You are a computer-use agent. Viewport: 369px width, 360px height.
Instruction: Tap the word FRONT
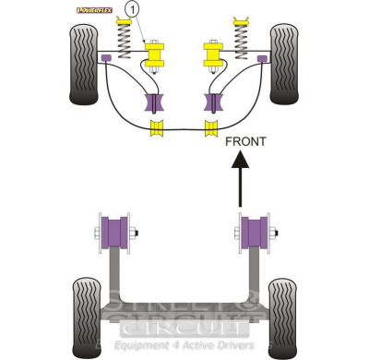244,142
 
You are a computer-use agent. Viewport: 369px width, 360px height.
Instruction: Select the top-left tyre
84,63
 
